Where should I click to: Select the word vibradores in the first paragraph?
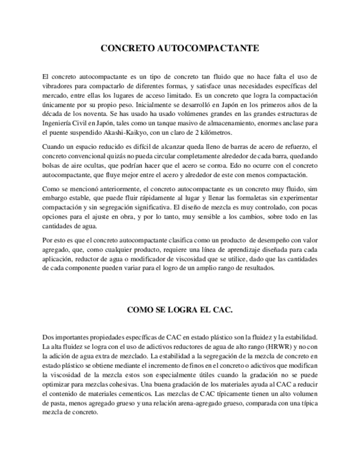pos(58,87)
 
